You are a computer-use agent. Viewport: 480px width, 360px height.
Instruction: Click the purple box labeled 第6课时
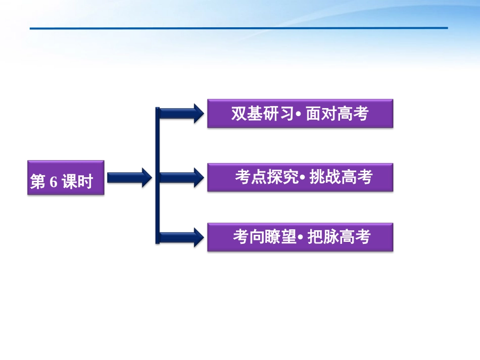65,178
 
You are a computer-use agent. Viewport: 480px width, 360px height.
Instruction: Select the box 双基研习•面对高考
300,114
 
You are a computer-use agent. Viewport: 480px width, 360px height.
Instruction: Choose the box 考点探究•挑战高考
300,177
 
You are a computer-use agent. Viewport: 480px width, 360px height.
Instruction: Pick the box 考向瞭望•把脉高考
300,237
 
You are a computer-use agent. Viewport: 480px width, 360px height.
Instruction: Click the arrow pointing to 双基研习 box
179,113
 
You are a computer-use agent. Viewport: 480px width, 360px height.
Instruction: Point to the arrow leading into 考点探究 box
179,177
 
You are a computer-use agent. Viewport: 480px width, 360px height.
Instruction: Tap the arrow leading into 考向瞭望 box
179,237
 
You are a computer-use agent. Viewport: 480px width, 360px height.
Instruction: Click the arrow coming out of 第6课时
129,177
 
